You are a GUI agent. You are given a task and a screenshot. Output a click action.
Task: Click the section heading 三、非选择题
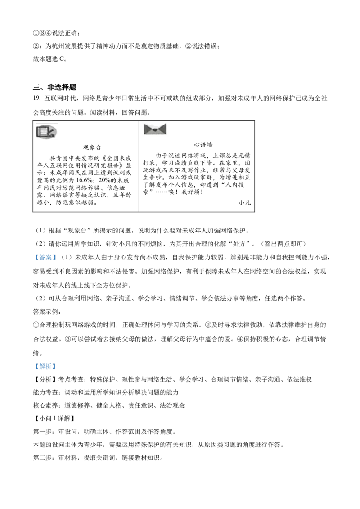[54, 87]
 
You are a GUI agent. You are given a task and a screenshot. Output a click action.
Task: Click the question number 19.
[37, 98]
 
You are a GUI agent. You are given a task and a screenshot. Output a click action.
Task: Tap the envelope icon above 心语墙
[155, 129]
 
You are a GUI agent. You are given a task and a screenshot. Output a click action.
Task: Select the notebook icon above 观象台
[46, 132]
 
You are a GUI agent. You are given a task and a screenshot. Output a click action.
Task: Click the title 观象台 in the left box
[92, 147]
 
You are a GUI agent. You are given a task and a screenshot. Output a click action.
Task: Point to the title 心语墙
[203, 144]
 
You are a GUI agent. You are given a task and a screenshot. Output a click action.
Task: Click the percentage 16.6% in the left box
[85, 180]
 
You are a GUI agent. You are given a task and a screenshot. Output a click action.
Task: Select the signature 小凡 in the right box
[244, 202]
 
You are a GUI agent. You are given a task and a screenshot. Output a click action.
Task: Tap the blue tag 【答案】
[45, 257]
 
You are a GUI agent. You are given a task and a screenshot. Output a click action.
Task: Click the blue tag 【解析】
[45, 366]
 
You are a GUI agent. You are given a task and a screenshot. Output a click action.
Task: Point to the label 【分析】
[45, 380]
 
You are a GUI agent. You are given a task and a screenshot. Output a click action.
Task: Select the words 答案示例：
[47, 312]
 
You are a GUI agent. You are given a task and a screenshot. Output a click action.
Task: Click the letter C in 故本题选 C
[62, 59]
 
